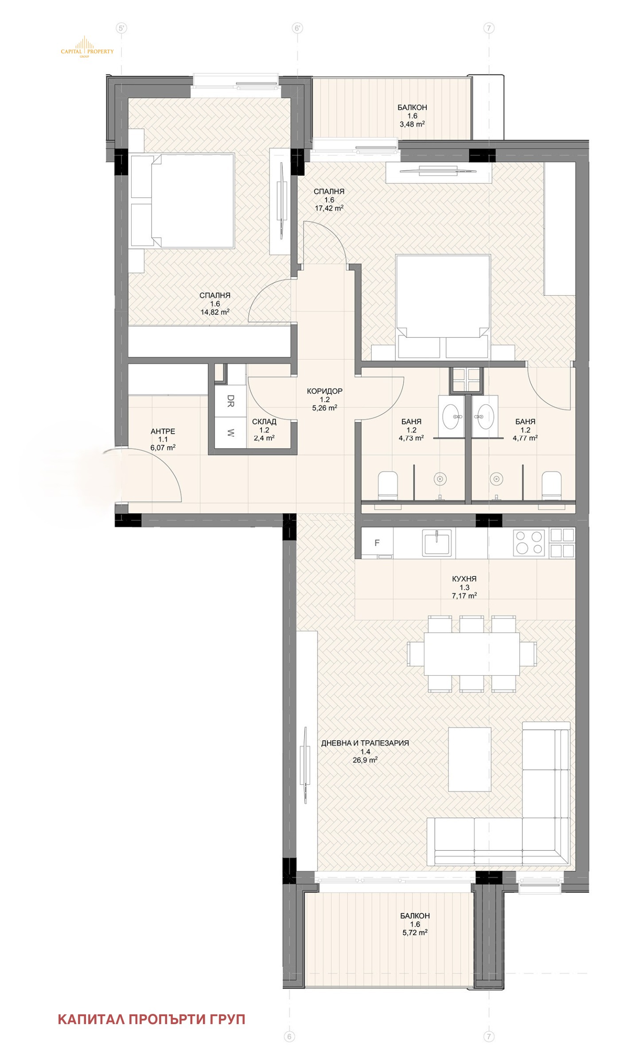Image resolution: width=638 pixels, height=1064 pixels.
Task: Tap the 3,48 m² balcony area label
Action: tap(412, 125)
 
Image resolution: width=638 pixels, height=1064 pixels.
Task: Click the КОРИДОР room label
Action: tap(325, 391)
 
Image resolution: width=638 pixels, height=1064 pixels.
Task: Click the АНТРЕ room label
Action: tap(163, 431)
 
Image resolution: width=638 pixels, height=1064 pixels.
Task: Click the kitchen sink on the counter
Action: tap(436, 543)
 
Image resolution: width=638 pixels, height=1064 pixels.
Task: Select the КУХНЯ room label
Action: tap(464, 579)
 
